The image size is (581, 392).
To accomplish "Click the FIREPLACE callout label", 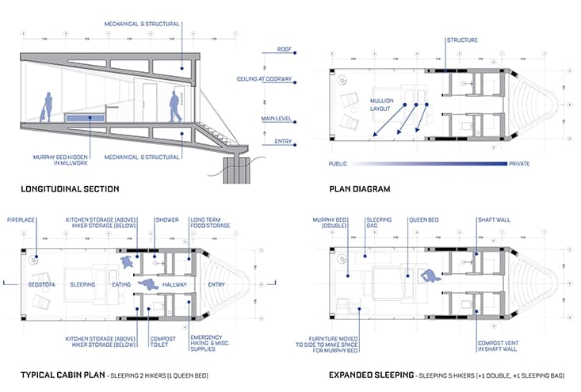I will (21, 217).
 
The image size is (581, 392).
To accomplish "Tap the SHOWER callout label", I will (166, 218).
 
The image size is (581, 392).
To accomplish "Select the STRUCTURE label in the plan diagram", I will (462, 40).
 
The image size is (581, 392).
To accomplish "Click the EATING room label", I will (121, 284).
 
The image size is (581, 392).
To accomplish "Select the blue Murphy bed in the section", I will (88, 119).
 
